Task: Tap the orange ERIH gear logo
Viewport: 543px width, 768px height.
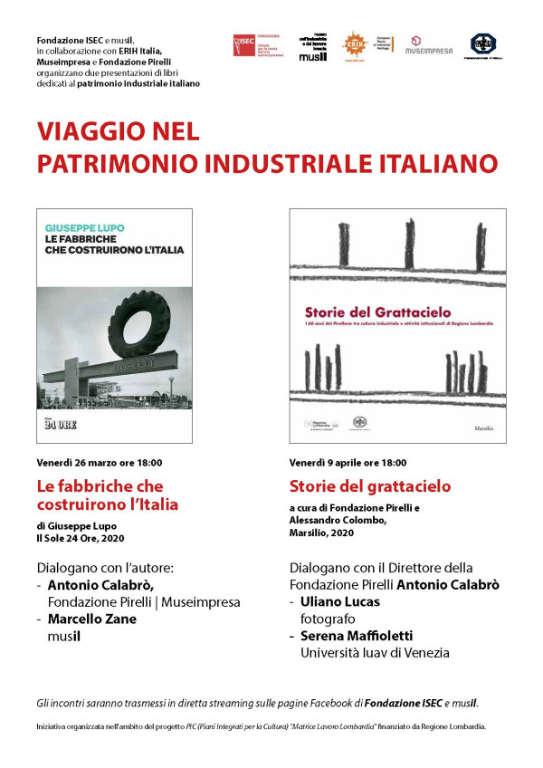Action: point(353,44)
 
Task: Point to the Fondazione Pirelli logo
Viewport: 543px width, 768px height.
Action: point(483,45)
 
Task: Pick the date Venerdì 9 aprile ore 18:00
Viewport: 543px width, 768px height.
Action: point(348,462)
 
